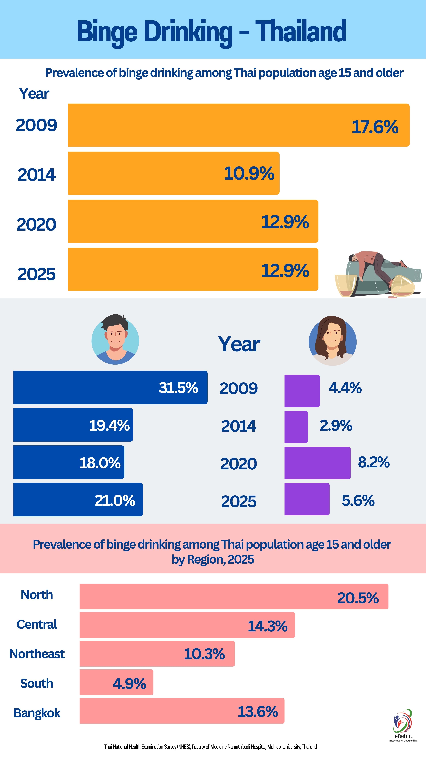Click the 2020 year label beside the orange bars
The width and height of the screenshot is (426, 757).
[36, 225]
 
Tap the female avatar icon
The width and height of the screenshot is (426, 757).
[332, 341]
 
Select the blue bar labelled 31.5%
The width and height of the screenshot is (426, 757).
[88, 387]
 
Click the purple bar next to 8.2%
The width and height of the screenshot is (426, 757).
[317, 463]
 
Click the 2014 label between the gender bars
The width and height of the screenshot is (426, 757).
[239, 426]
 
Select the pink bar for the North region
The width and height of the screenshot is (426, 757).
[206, 596]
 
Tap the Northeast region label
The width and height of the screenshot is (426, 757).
[37, 654]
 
